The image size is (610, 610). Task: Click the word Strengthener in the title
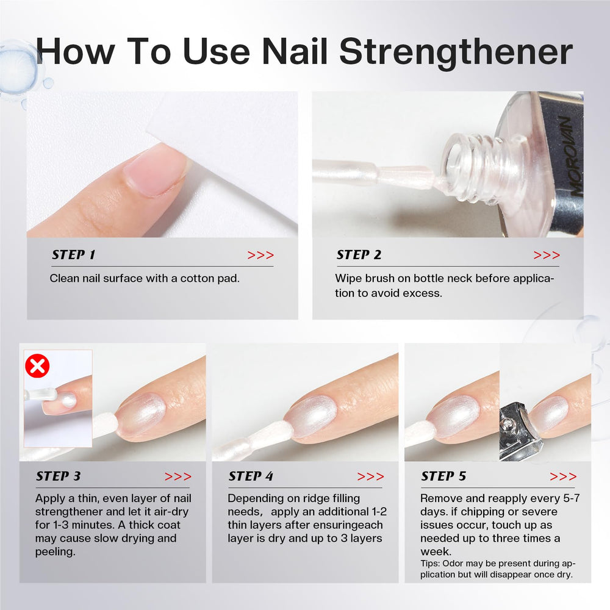[x=456, y=52]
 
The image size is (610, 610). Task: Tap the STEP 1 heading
[x=74, y=255]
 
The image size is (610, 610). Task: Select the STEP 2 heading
[x=359, y=255]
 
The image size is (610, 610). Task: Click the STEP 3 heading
[x=59, y=476]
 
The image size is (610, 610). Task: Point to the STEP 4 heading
[x=251, y=476]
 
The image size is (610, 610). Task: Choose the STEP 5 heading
[x=443, y=476]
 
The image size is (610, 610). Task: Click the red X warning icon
[x=37, y=366]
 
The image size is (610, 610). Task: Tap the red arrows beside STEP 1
[x=260, y=255]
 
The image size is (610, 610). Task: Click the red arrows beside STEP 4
[x=370, y=476]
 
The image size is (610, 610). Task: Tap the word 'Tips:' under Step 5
[x=430, y=564]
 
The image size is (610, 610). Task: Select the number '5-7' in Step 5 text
[x=572, y=498]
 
